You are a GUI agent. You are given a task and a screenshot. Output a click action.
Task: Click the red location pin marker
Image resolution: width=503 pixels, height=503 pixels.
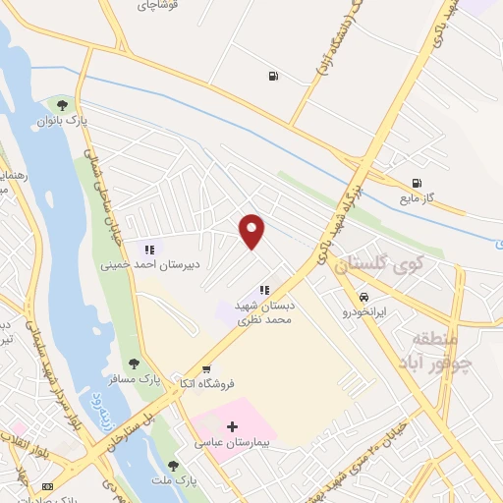(252, 231)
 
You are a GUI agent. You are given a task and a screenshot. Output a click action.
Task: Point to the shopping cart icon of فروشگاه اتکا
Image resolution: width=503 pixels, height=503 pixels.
(205, 369)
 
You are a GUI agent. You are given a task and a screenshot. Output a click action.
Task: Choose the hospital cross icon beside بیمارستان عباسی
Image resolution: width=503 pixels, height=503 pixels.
(232, 426)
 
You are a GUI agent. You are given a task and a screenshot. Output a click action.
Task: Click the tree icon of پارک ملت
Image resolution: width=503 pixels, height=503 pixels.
(174, 466)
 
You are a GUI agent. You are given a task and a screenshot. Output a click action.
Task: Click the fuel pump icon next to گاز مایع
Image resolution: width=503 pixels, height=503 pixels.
(418, 182)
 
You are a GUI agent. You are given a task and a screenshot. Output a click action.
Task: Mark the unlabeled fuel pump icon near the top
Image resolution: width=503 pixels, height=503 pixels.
(272, 76)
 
